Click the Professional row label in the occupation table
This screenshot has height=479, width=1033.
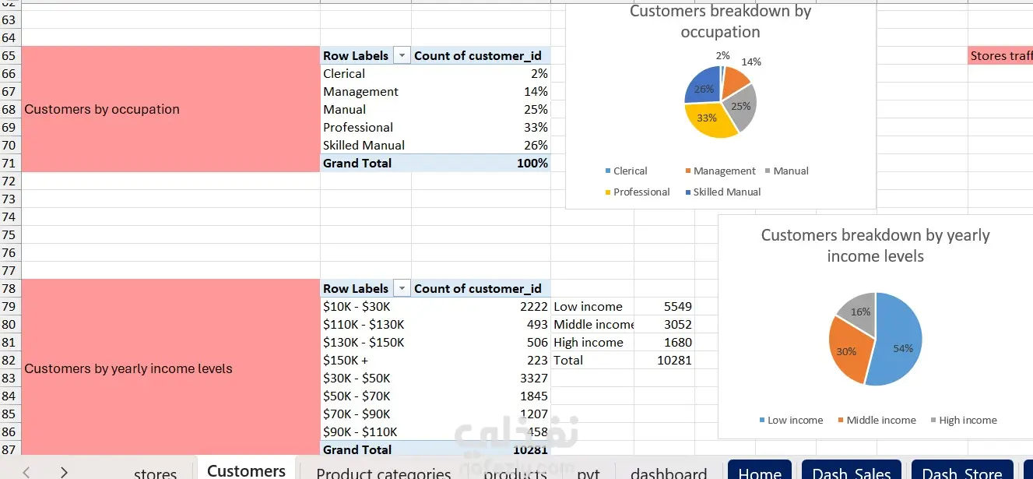tap(358, 127)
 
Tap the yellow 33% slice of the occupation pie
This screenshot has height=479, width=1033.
tap(708, 122)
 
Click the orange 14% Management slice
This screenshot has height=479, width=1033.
tap(735, 80)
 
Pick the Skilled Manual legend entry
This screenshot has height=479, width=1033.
tap(726, 192)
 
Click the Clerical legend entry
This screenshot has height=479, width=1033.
tap(630, 171)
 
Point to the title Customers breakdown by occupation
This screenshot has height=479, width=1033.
tap(720, 21)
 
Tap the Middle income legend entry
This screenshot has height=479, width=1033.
tap(880, 420)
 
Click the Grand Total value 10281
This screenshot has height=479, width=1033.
tap(515, 449)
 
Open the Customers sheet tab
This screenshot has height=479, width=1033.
tap(246, 470)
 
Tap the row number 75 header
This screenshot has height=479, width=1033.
tap(9, 234)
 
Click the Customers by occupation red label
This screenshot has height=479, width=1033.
tap(101, 109)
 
